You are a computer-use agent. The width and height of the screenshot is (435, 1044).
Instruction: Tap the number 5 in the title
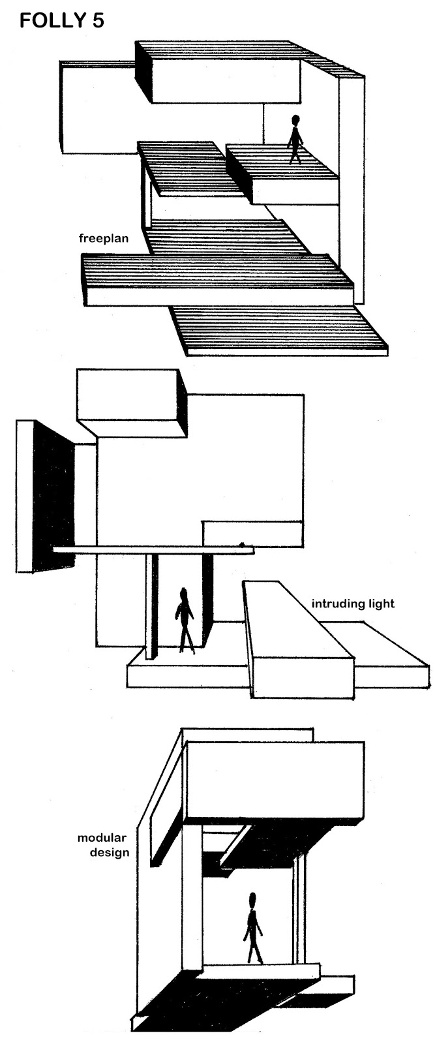98,20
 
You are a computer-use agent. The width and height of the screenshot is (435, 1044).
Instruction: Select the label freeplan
104,239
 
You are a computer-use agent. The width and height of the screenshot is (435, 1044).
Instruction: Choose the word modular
102,838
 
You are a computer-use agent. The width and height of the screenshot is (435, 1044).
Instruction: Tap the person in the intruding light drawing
185,621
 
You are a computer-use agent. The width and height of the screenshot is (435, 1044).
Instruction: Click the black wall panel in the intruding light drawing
53,495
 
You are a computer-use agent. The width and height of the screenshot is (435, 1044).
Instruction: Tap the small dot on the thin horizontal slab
242,544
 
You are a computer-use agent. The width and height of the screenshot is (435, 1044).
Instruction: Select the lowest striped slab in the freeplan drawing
279,330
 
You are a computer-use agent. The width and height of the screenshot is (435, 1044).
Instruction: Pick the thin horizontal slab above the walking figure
154,550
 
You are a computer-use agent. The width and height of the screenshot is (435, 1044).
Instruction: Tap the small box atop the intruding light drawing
132,404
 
